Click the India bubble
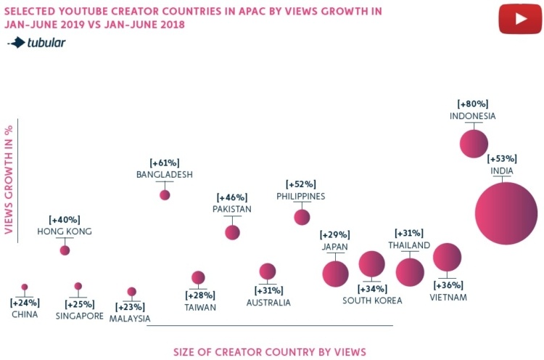506,213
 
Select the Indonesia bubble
474,143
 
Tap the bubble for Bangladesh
165,195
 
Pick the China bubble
25,287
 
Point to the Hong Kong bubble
65,250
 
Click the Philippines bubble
302,216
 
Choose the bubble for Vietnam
447,258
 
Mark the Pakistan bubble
232,232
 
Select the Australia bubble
268,271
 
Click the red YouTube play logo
520,19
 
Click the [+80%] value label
472,104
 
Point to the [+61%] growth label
164,163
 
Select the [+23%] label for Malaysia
131,306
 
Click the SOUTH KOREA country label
371,300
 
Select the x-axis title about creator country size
270,352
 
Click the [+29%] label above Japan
335,235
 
